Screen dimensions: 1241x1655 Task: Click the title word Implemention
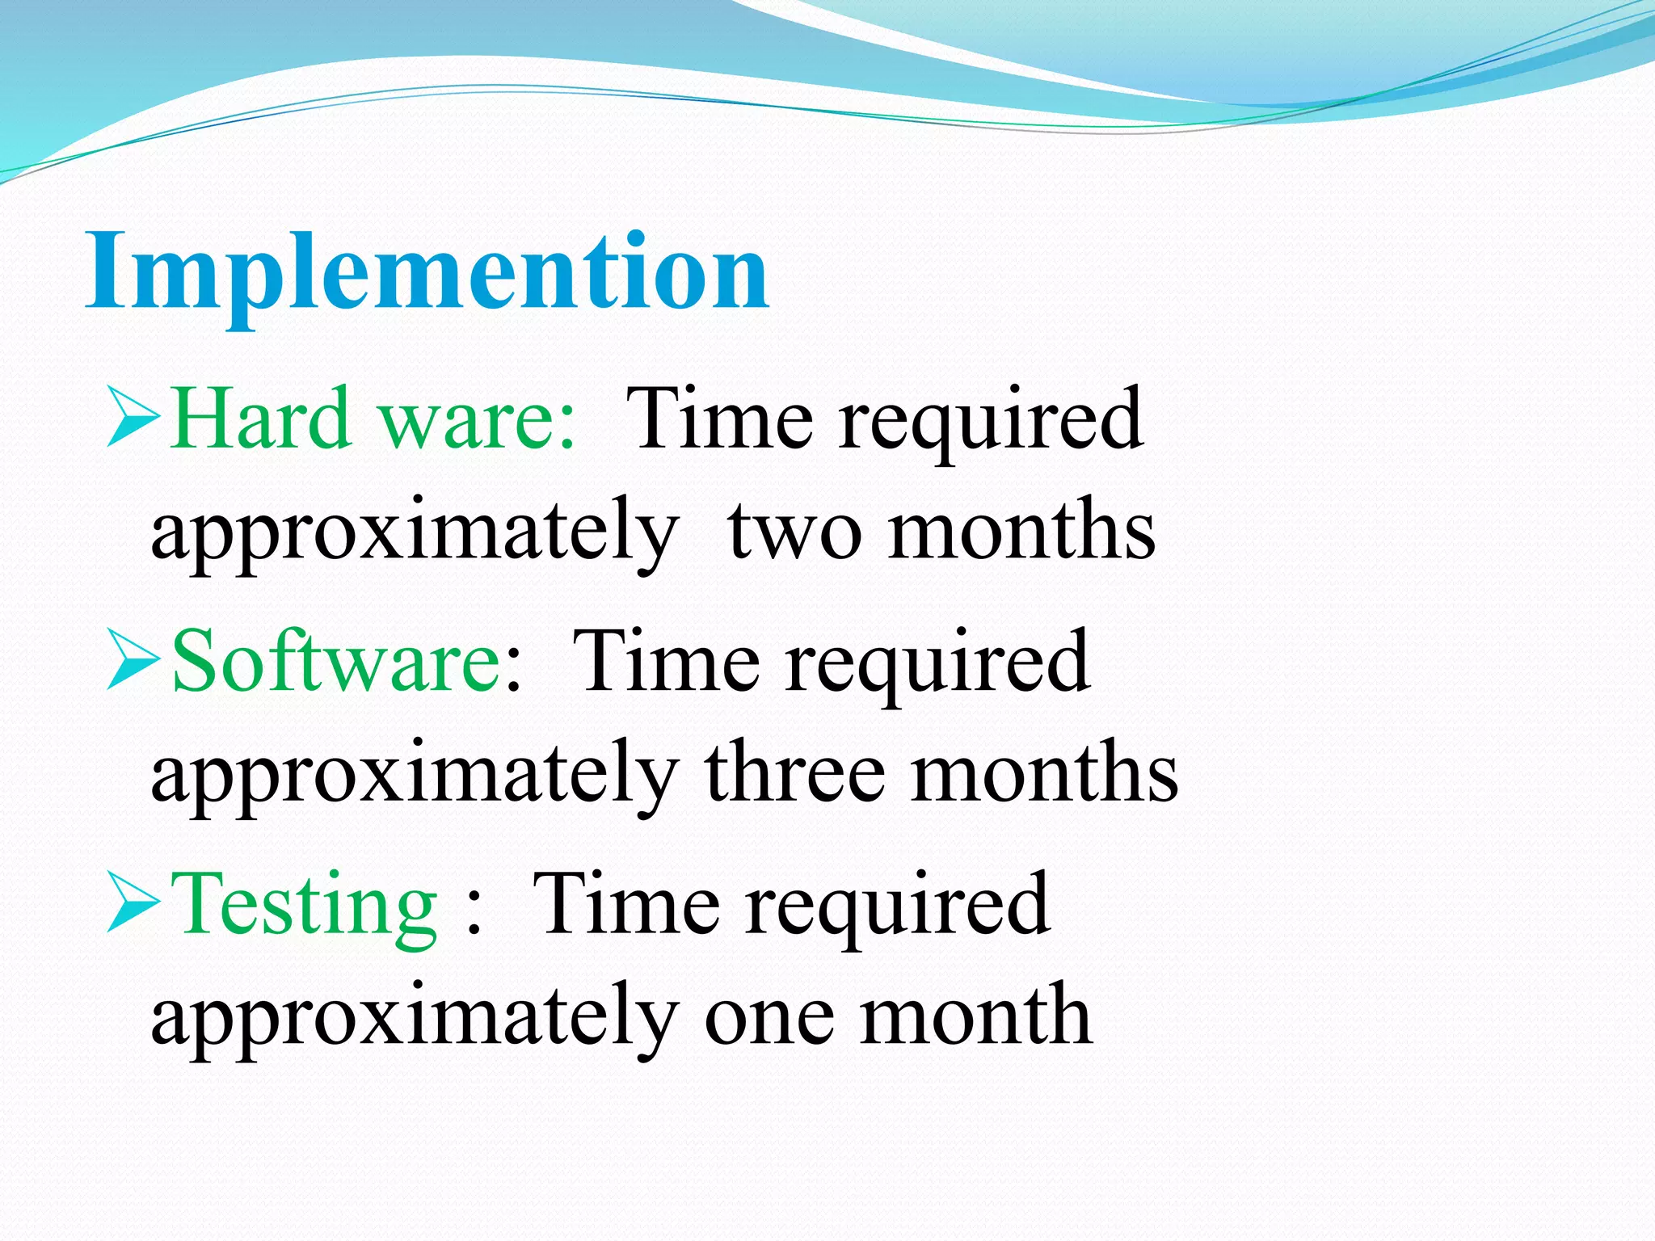point(427,271)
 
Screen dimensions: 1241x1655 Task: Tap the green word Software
point(337,661)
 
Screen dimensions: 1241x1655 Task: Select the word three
point(795,772)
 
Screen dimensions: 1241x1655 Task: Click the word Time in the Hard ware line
point(719,418)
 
